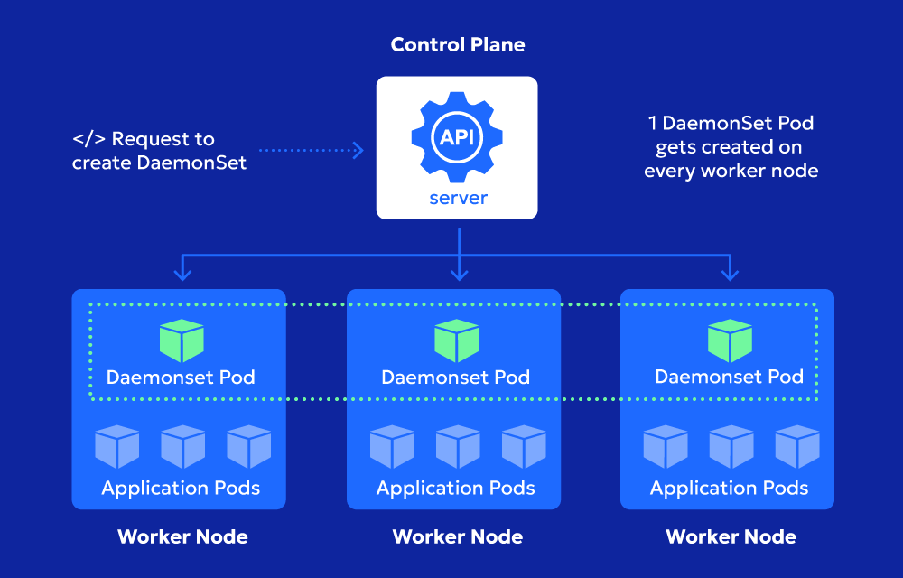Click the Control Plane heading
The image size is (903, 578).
[x=457, y=44]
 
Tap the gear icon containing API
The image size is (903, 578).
[x=457, y=137]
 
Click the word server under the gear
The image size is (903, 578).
[x=457, y=198]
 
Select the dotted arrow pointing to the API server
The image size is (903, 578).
[x=312, y=150]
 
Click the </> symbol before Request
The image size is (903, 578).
[x=88, y=139]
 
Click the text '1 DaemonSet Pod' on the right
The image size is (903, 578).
[x=731, y=123]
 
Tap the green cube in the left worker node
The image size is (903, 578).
[x=182, y=340]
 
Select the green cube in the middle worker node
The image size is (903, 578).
[x=456, y=340]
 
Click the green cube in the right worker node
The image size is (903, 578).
[x=730, y=340]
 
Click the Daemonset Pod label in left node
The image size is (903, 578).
[x=181, y=377]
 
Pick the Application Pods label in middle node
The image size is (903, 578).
[x=456, y=489]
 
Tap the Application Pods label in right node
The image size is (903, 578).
[x=730, y=489]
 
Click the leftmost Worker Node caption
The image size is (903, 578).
[x=182, y=536]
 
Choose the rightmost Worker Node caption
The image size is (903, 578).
[x=731, y=536]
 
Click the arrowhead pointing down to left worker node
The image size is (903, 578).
[x=183, y=274]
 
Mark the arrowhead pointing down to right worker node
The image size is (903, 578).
[x=730, y=274]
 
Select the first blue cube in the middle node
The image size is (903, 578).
[x=392, y=447]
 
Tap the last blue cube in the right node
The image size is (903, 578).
[x=796, y=447]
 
